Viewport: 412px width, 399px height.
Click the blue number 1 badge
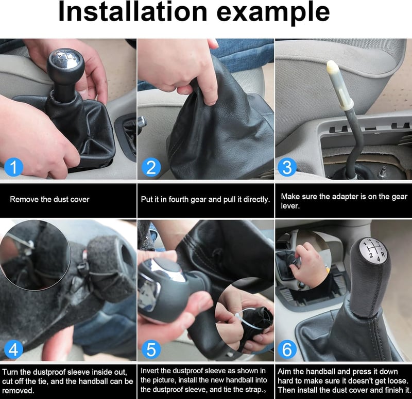(14, 167)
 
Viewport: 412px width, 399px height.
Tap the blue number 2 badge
(151, 167)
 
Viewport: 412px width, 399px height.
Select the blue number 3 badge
(287, 167)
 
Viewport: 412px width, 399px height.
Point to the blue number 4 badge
(14, 349)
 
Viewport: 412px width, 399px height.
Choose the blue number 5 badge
(151, 349)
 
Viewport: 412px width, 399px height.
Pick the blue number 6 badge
(287, 349)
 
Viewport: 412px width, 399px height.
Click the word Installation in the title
(133, 11)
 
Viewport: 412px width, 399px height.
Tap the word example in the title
(273, 14)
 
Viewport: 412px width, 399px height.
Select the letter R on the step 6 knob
(383, 254)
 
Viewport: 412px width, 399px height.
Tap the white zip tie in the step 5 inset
(244, 319)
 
